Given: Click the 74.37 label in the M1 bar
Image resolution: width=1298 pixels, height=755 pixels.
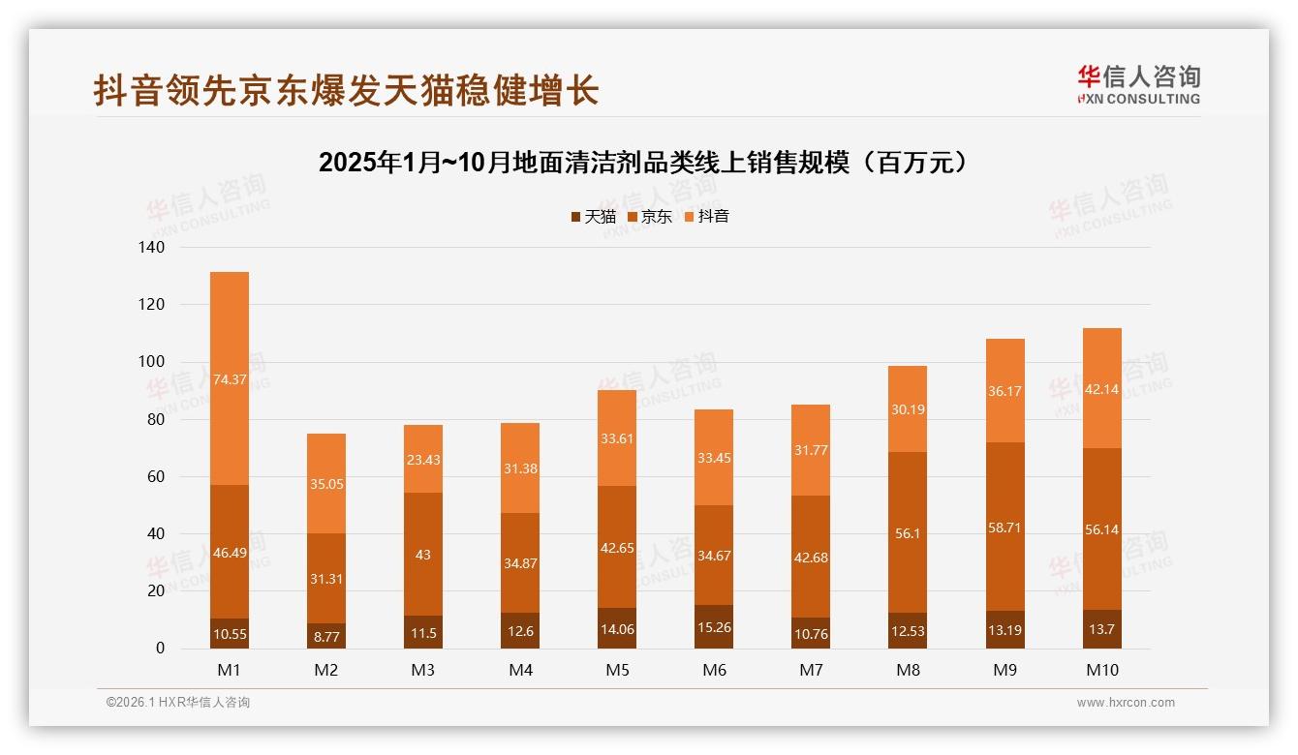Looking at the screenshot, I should click(x=230, y=379).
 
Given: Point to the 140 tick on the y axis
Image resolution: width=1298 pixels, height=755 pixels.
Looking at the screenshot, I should click(x=152, y=248).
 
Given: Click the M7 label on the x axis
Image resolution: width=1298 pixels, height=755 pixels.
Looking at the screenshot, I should click(x=811, y=670).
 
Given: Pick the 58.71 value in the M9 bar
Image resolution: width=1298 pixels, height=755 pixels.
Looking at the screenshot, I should click(x=1004, y=528).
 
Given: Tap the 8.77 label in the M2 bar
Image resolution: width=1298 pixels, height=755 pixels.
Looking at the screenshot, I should click(x=326, y=638).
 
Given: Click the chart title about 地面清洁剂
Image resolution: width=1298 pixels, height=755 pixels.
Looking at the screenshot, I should click(x=643, y=163).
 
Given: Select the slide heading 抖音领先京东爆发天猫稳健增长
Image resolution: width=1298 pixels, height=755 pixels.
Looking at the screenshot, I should click(x=346, y=91).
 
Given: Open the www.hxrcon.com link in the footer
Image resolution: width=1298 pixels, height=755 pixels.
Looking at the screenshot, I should click(x=1126, y=703).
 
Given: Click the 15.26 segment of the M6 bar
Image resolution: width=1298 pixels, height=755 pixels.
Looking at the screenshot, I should click(x=714, y=628).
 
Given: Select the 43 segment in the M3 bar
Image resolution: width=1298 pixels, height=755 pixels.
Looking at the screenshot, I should click(x=423, y=555).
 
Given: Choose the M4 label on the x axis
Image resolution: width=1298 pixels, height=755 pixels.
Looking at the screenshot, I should click(x=520, y=670).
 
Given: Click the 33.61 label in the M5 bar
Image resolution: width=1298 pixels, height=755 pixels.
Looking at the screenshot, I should click(x=617, y=438).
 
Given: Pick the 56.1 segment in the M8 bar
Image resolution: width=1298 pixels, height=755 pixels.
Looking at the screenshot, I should click(x=908, y=532).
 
